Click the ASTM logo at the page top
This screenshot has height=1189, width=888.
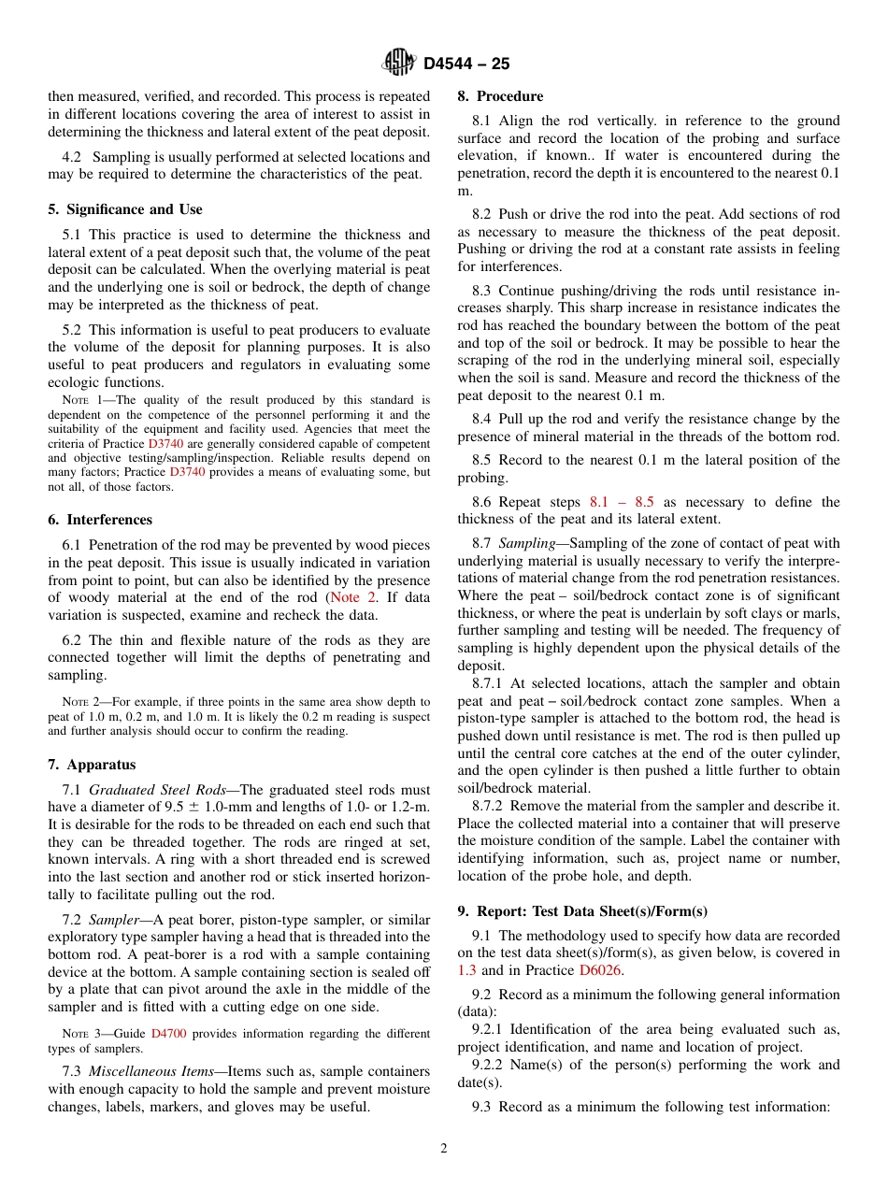pyautogui.click(x=399, y=63)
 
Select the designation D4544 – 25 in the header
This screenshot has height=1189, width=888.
pyautogui.click(x=466, y=64)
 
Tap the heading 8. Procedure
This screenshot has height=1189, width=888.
pyautogui.click(x=500, y=96)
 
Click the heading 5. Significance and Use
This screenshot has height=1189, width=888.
pyautogui.click(x=125, y=209)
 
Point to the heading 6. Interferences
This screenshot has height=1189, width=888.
pyautogui.click(x=100, y=520)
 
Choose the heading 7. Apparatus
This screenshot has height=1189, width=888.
pyautogui.click(x=92, y=765)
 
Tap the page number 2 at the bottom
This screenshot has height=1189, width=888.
pyautogui.click(x=444, y=1149)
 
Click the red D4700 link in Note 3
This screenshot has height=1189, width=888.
pyautogui.click(x=168, y=1034)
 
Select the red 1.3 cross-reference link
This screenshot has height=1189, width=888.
pyautogui.click(x=466, y=970)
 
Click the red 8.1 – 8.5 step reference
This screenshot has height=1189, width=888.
pyautogui.click(x=622, y=502)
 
